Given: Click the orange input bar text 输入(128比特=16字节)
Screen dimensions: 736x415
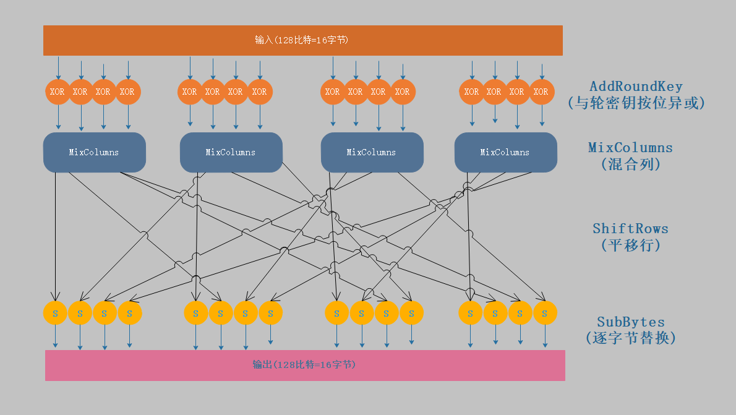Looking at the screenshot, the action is tap(301, 40).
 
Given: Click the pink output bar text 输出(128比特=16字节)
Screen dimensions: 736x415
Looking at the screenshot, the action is tap(304, 364).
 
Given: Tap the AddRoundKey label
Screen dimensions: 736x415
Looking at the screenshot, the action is tap(636, 87).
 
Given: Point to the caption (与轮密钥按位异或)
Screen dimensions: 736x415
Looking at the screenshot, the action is tap(636, 103).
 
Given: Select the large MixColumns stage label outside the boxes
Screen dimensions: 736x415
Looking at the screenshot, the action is tap(630, 147).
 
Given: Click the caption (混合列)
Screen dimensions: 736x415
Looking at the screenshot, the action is tap(630, 164).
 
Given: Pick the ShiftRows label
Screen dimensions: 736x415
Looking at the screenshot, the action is tap(630, 229).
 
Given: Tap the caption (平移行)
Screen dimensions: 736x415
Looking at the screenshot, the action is tap(630, 245).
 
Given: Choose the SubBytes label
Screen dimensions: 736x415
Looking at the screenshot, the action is tap(631, 322).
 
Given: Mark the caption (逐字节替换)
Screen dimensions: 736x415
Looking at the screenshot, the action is tap(631, 338).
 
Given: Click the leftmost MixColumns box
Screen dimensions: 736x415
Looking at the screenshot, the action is tap(95, 152).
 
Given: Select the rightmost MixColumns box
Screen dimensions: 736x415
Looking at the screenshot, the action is tap(505, 152).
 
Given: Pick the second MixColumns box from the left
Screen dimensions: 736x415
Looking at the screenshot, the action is tap(231, 152).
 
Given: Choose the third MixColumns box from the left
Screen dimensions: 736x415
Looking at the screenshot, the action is tap(372, 152).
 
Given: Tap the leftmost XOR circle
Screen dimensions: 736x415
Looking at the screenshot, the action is tap(58, 92).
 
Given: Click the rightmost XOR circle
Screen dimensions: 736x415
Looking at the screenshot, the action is tap(541, 92).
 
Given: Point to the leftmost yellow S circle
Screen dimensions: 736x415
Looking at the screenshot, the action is tap(55, 313).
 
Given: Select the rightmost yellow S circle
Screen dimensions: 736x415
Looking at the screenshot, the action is tap(545, 313).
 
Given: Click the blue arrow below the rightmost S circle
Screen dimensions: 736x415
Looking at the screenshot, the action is tap(545, 336).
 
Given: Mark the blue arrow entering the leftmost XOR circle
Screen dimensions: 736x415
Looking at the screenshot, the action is tap(59, 68).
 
